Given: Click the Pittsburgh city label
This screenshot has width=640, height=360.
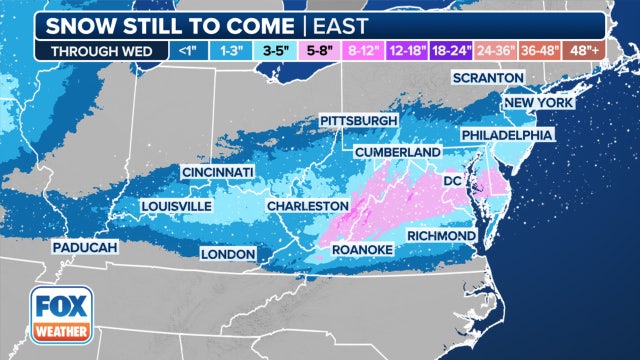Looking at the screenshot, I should point(358,120).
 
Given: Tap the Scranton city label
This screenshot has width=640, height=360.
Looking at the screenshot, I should point(490,77).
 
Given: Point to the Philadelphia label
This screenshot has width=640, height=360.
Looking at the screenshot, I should point(507,134).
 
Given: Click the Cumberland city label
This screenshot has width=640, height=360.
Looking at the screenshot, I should point(397,151).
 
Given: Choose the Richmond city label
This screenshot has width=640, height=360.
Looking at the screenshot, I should point(441,235).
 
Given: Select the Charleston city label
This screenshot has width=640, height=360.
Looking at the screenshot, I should point(306,205).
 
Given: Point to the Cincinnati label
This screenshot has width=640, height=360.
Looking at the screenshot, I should point(217,173).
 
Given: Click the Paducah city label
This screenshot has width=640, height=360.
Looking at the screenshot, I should point(85,246).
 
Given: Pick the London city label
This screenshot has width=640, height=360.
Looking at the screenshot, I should point(228,254).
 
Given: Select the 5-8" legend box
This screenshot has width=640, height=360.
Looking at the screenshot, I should point(319,50).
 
